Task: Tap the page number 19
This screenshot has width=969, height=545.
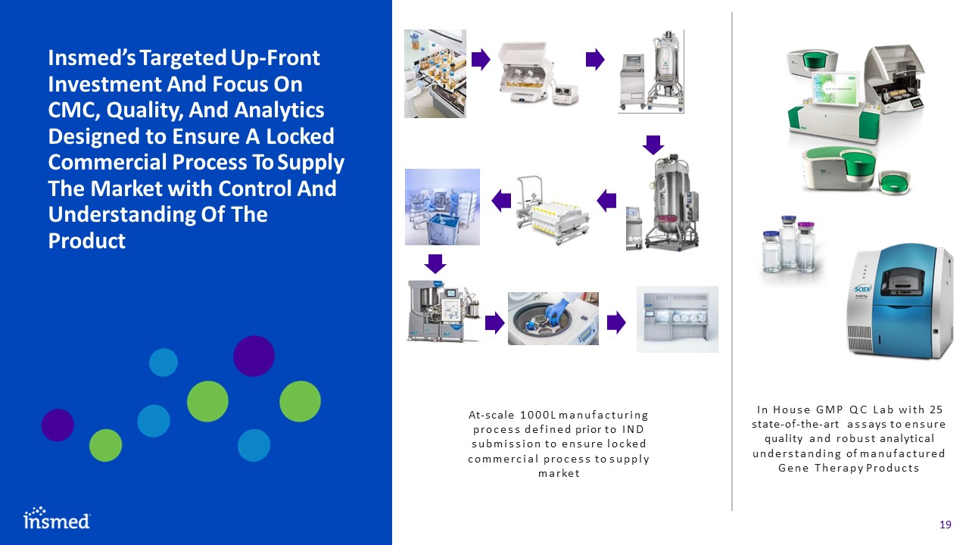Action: (x=944, y=525)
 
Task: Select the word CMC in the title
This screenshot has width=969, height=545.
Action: (x=76, y=111)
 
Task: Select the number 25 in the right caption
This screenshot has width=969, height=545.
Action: (x=936, y=410)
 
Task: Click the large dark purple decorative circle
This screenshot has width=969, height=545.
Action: (x=254, y=355)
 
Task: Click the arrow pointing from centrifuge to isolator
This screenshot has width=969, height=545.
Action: (x=617, y=323)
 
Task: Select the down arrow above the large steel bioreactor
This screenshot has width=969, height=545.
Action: (x=653, y=144)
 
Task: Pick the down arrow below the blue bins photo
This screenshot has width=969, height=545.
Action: (x=435, y=263)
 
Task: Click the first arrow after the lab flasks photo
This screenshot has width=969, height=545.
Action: (x=480, y=59)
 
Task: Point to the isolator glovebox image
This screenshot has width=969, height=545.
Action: (x=677, y=319)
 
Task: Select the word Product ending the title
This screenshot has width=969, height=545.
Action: (x=86, y=241)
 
